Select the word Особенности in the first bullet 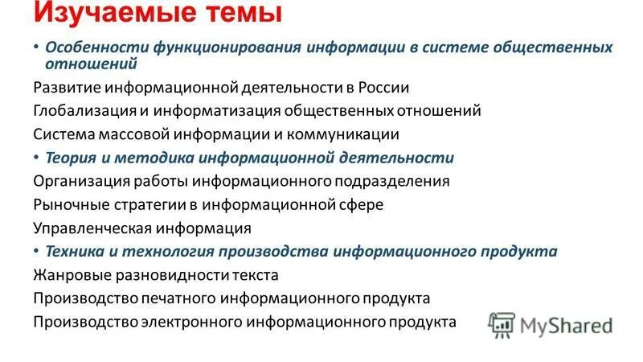pyautogui.click(x=93, y=47)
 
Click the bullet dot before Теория pyautogui.click(x=37, y=156)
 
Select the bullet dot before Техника pyautogui.click(x=37, y=250)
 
